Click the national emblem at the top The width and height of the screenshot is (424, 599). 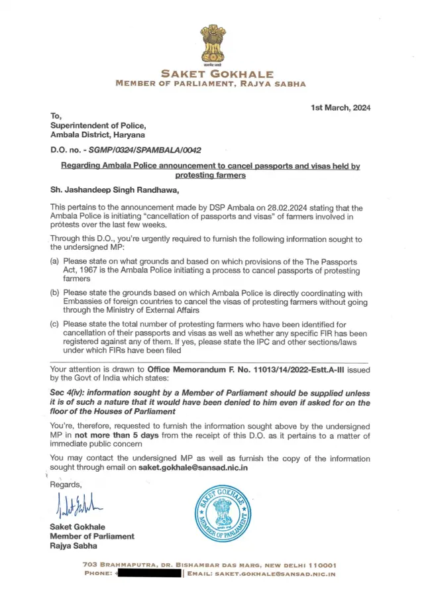(x=212, y=43)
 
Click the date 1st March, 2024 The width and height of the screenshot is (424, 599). (x=341, y=108)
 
